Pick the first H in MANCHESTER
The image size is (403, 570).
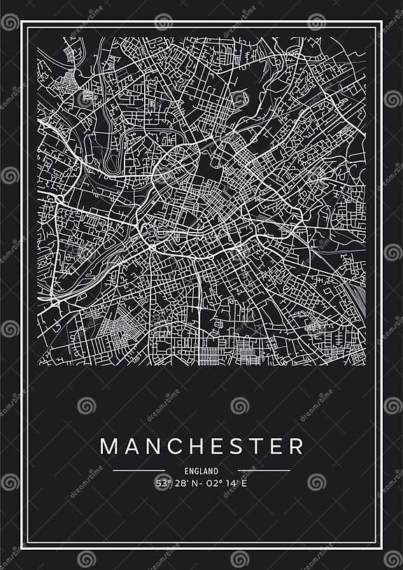195,446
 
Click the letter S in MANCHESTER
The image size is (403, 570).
236,446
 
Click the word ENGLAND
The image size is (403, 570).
201,471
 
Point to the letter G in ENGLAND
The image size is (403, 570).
195,471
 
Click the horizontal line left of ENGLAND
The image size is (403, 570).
139,471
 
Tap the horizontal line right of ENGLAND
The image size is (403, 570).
264,471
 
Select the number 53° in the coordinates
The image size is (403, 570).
163,482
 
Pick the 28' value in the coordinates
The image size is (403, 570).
180,482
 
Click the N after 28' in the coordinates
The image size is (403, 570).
194,482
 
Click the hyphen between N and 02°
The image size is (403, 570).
201,482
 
